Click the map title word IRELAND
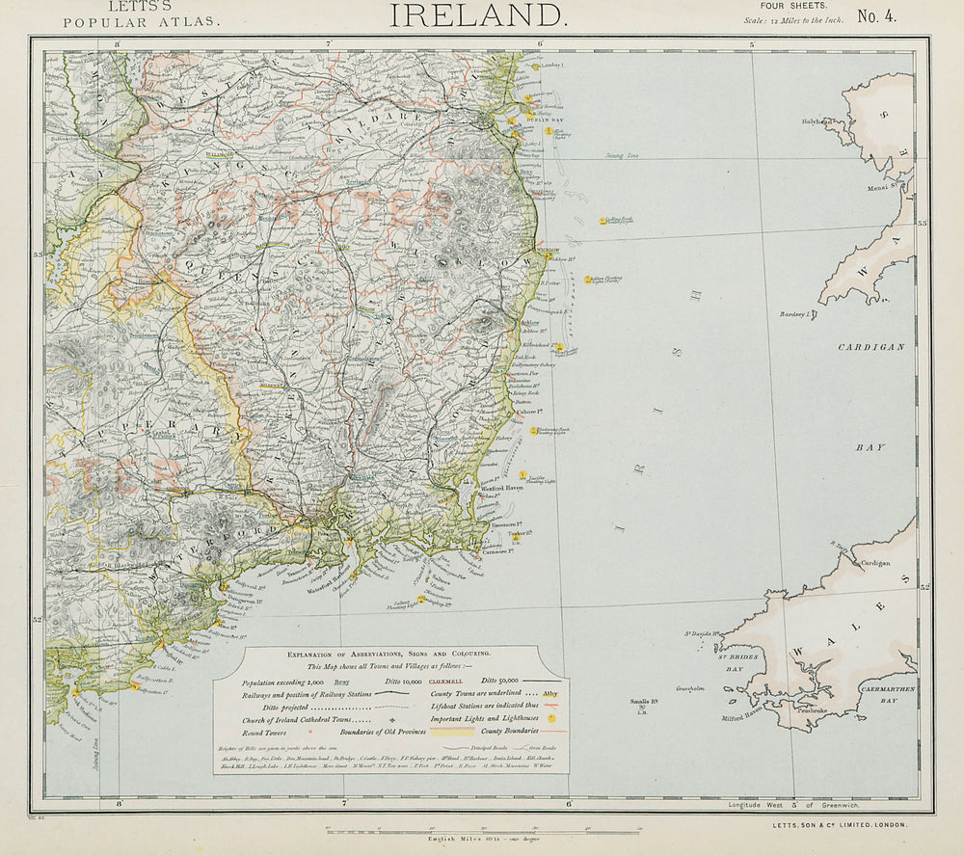pyautogui.click(x=477, y=14)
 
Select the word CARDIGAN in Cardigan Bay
pyautogui.click(x=871, y=347)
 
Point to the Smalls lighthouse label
pyautogui.click(x=643, y=702)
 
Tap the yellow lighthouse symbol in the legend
pyautogui.click(x=550, y=718)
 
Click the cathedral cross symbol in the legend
pyautogui.click(x=392, y=719)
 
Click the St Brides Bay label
pyautogui.click(x=735, y=662)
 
